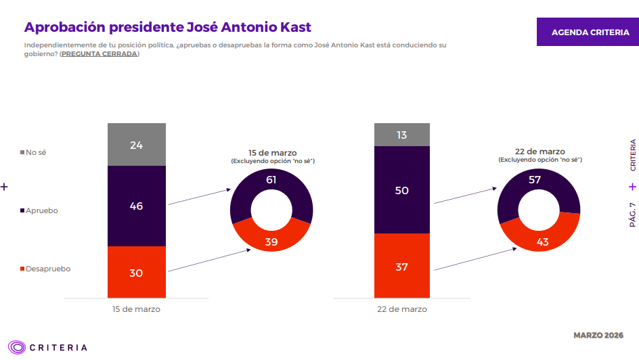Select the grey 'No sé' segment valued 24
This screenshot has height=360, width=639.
pos(136,145)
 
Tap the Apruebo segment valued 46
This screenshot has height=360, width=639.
pos(136,206)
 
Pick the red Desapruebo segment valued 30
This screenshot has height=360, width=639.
pos(136,272)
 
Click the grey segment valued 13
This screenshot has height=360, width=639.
pos(401,135)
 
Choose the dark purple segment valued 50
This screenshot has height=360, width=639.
pos(401,190)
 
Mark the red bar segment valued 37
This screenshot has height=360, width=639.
pos(401,266)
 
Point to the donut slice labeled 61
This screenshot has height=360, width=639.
pos(271,181)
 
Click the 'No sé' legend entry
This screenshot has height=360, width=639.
pos(33,152)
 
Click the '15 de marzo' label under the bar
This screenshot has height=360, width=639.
pos(136,309)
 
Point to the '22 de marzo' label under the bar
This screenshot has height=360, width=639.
pos(401,309)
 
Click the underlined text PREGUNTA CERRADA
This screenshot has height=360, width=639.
pos(99,53)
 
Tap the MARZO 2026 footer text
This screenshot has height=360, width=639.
pos(598,336)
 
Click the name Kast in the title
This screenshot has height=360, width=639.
pos(292,27)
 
